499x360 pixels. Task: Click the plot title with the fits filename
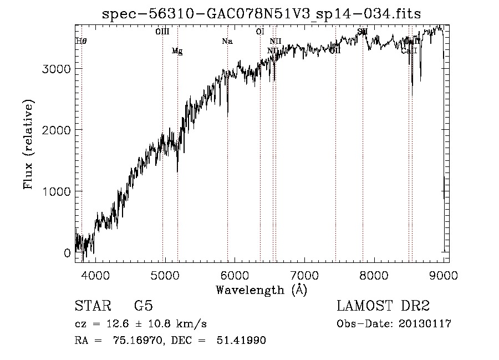262,14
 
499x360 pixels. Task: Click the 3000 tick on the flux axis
57,69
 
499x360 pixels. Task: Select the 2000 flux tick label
57,130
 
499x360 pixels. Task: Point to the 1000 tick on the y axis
57,191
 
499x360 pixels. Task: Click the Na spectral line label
227,41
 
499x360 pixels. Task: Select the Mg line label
177,51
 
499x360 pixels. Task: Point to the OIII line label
162,32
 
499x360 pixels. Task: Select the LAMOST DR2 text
383,306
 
